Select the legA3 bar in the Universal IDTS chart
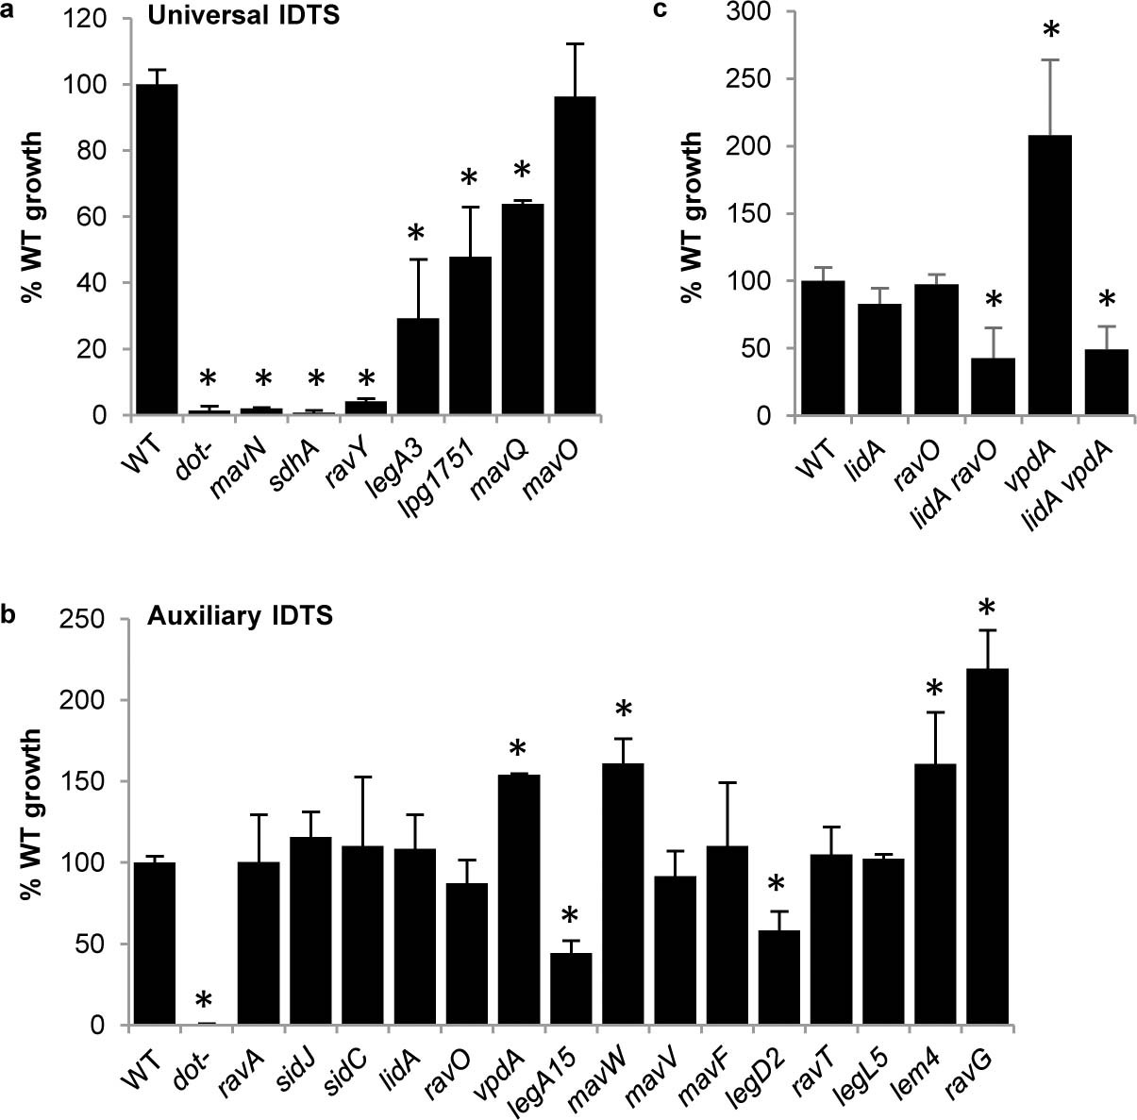[418, 367]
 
